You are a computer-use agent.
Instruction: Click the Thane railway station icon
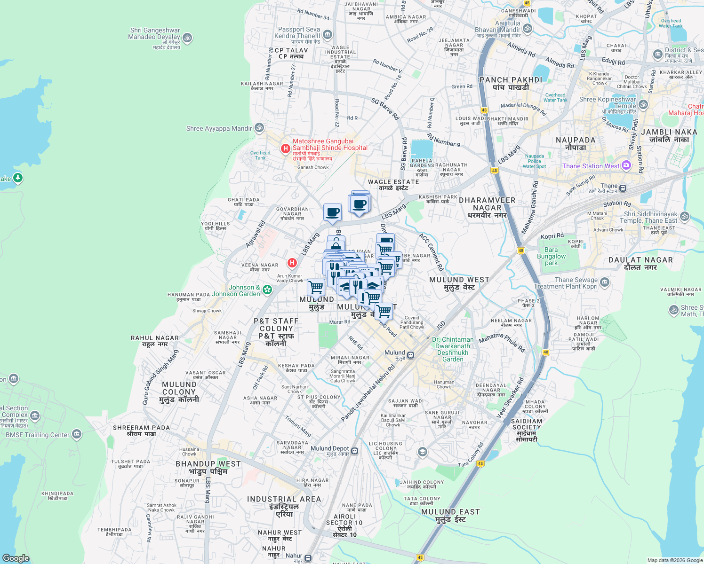tap(623, 188)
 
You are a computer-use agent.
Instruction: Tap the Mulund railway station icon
tap(411, 355)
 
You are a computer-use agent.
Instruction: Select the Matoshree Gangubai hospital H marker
tap(285, 149)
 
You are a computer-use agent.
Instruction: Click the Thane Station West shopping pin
tap(626, 165)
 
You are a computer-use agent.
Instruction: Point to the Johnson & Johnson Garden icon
tap(267, 290)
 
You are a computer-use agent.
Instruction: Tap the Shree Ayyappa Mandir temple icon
tap(259, 128)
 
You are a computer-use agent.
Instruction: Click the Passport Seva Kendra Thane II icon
tap(328, 35)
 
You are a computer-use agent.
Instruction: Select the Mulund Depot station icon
tap(355, 451)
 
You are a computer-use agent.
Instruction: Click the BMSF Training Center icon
tap(77, 434)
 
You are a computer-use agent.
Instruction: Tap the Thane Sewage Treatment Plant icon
tap(605, 282)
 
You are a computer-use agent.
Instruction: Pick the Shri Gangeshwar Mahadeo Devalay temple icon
tap(187, 38)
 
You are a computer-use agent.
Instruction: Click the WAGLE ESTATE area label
tap(393, 185)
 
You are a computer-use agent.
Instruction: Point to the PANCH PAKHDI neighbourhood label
tap(511, 83)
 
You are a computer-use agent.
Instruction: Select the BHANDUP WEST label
tap(208, 467)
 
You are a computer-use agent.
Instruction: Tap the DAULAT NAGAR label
tap(640, 263)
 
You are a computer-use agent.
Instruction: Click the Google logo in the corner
tap(16, 558)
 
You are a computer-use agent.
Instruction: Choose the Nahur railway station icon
tap(308, 558)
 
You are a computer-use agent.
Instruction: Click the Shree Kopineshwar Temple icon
tap(643, 104)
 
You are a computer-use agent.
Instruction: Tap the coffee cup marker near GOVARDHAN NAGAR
tap(332, 212)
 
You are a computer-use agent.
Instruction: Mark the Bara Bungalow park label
tap(551, 256)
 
